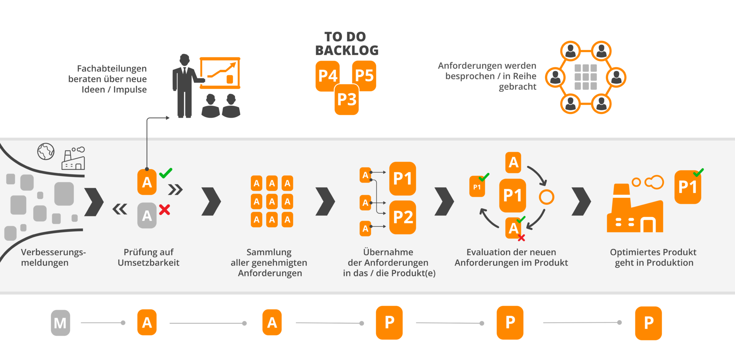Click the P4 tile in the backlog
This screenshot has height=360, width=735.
327,76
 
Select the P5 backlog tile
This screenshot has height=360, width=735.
364,75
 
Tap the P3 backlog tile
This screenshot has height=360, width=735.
347,99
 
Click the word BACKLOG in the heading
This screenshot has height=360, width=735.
347,50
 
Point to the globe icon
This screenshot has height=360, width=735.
46,151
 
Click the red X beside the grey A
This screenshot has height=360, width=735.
165,210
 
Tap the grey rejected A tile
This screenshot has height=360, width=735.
147,215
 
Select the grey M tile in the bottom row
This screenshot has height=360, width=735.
60,323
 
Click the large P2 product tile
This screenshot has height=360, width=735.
403,217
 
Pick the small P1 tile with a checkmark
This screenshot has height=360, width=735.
477,187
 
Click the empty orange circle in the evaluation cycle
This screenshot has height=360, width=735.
546,197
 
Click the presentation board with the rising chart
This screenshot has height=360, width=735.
220,73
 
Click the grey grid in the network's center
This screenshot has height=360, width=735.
585,77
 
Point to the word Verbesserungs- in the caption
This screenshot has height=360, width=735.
53,252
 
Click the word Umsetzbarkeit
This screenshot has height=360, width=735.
148,263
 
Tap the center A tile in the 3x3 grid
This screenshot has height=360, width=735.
272,202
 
